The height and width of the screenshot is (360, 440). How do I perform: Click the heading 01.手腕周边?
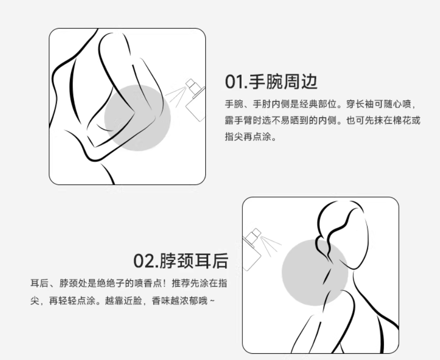coord(271,82)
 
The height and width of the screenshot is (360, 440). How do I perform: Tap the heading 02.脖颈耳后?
coord(181,260)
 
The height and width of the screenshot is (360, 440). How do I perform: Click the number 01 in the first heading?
coord(233,82)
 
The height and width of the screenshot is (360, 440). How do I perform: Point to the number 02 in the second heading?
coord(143,261)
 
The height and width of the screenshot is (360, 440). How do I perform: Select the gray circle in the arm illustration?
coord(138,118)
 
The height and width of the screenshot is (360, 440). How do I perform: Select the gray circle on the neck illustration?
coord(315,273)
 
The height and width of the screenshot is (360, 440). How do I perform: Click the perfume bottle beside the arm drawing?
coord(195,100)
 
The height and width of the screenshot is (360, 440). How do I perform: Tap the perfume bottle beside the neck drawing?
coord(252,249)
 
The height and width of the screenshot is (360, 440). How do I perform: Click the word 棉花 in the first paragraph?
coord(402,120)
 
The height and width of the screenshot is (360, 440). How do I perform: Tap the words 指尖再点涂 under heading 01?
coord(248,137)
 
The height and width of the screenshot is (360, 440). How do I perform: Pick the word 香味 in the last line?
coord(161,301)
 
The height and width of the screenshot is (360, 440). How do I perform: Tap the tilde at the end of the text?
coord(212,301)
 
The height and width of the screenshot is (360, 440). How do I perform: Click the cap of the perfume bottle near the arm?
coord(191,84)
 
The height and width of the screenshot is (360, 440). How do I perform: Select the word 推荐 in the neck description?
coord(181,283)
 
